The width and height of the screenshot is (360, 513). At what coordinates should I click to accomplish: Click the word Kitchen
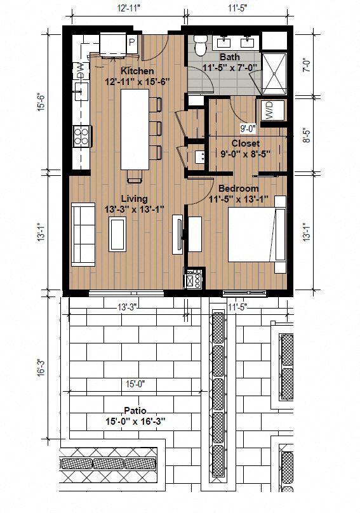137,70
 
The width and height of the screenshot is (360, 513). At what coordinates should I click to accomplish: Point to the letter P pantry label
132,43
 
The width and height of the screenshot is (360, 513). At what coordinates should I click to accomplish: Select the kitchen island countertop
134,129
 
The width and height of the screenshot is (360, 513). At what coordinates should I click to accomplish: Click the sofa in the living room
81,233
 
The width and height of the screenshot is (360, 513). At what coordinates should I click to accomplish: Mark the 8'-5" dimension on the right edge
305,137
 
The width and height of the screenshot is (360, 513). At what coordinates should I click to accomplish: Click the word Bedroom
238,189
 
